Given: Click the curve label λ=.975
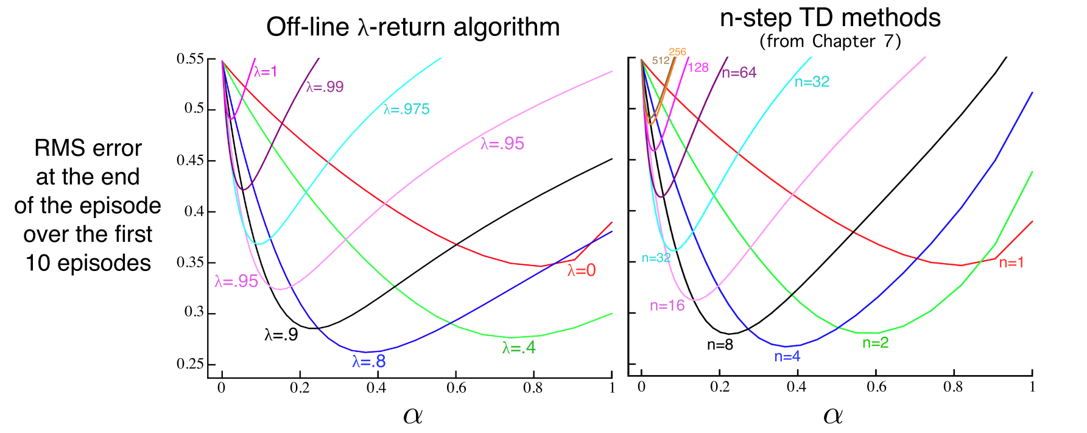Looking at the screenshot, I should point(407,110).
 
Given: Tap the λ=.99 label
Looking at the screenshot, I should point(325,87).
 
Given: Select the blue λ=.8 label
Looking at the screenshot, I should point(369,362).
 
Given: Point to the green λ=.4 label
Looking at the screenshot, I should point(519,348).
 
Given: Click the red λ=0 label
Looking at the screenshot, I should point(582,271).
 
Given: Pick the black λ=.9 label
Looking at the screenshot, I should point(281,334).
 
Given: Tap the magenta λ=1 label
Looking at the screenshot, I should point(266,72).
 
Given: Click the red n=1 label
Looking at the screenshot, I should point(1011,263).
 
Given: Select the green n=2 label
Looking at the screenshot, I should point(876,343).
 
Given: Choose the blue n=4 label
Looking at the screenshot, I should point(787,357).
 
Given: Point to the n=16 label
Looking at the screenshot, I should point(667,306).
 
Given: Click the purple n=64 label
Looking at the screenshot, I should point(739,73).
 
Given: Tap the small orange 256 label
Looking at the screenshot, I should point(677,52).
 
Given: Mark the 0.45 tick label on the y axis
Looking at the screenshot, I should point(190,161).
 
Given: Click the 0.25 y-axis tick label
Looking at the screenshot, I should point(190,364).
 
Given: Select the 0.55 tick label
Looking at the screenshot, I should point(190,59).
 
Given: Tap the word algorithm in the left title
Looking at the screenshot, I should point(502,27).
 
